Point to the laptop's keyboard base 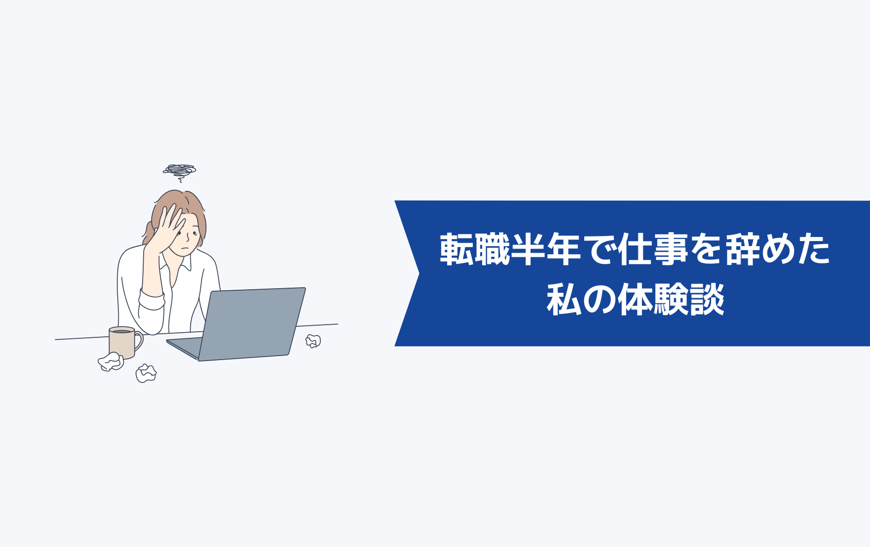[x=183, y=347]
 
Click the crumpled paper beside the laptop [x=313, y=341]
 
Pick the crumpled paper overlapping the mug [x=111, y=362]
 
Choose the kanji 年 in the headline [x=563, y=249]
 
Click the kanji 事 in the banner [x=670, y=249]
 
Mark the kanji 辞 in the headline [x=742, y=249]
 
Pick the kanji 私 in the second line [x=564, y=300]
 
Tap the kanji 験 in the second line [x=671, y=300]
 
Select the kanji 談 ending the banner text [x=707, y=300]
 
